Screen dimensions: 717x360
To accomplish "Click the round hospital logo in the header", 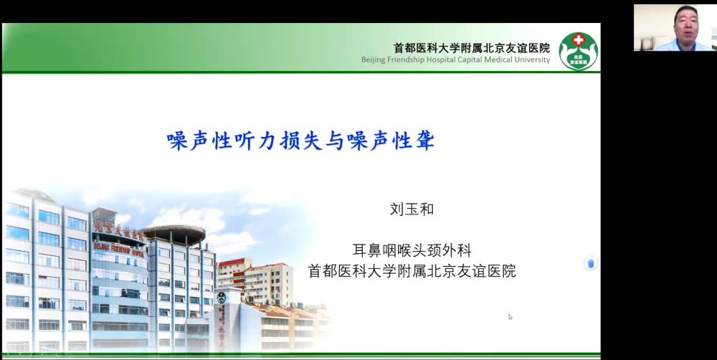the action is [x=579, y=51].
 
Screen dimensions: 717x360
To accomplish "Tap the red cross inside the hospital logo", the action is [x=579, y=40].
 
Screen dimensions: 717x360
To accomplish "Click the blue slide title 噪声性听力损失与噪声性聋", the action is [x=300, y=141].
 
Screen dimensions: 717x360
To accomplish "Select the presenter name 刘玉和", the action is [x=412, y=209].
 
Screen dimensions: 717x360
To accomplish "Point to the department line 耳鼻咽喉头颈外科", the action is [x=412, y=250].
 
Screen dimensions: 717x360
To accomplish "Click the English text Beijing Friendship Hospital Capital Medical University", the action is [x=455, y=60].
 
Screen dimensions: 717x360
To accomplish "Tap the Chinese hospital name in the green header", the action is [x=472, y=47].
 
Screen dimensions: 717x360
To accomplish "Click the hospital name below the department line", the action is [x=412, y=270].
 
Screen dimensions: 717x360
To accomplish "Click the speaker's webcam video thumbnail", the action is [x=675, y=27].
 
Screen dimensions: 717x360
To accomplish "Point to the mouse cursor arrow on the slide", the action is [x=511, y=316].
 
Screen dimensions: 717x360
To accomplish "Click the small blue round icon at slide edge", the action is [x=590, y=263].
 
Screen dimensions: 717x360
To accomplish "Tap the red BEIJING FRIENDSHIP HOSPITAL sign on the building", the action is [x=119, y=250].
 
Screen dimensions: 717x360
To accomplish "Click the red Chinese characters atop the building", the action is [x=119, y=232].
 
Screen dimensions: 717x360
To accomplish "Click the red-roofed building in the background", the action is [x=255, y=281].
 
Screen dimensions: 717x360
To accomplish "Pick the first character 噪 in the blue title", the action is [x=177, y=141].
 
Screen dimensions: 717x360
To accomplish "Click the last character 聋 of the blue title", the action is [x=424, y=141].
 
